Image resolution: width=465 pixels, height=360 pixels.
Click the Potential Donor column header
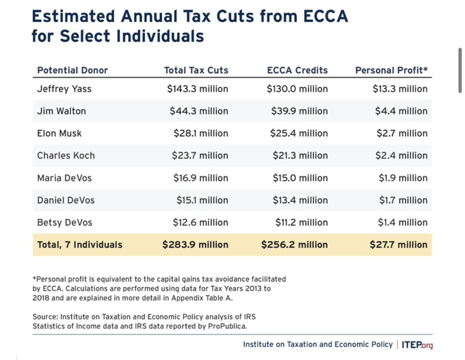pyautogui.click(x=72, y=70)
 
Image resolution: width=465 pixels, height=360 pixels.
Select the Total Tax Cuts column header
pyautogui.click(x=196, y=70)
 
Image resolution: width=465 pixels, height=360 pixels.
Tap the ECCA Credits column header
pyautogui.click(x=297, y=70)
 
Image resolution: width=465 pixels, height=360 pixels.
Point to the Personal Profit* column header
pyautogui.click(x=391, y=70)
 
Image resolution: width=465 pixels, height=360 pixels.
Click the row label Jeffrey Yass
pyautogui.click(x=65, y=89)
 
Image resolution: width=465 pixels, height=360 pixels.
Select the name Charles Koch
pyautogui.click(x=66, y=156)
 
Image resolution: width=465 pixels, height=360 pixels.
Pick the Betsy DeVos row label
pyautogui.click(x=66, y=222)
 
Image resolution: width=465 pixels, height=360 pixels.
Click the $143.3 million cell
pyautogui.click(x=198, y=89)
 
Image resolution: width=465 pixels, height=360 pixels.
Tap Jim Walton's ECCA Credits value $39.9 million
pyautogui.click(x=299, y=111)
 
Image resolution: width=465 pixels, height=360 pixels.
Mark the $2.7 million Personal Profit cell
pyautogui.click(x=402, y=133)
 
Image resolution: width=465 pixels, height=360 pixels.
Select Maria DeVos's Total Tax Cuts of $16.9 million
pyautogui.click(x=200, y=178)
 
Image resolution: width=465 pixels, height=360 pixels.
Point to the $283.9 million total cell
pyautogui.click(x=196, y=245)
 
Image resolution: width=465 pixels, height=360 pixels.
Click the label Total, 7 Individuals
pyautogui.click(x=80, y=245)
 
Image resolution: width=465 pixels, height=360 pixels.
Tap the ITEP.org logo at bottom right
pyautogui.click(x=416, y=344)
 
